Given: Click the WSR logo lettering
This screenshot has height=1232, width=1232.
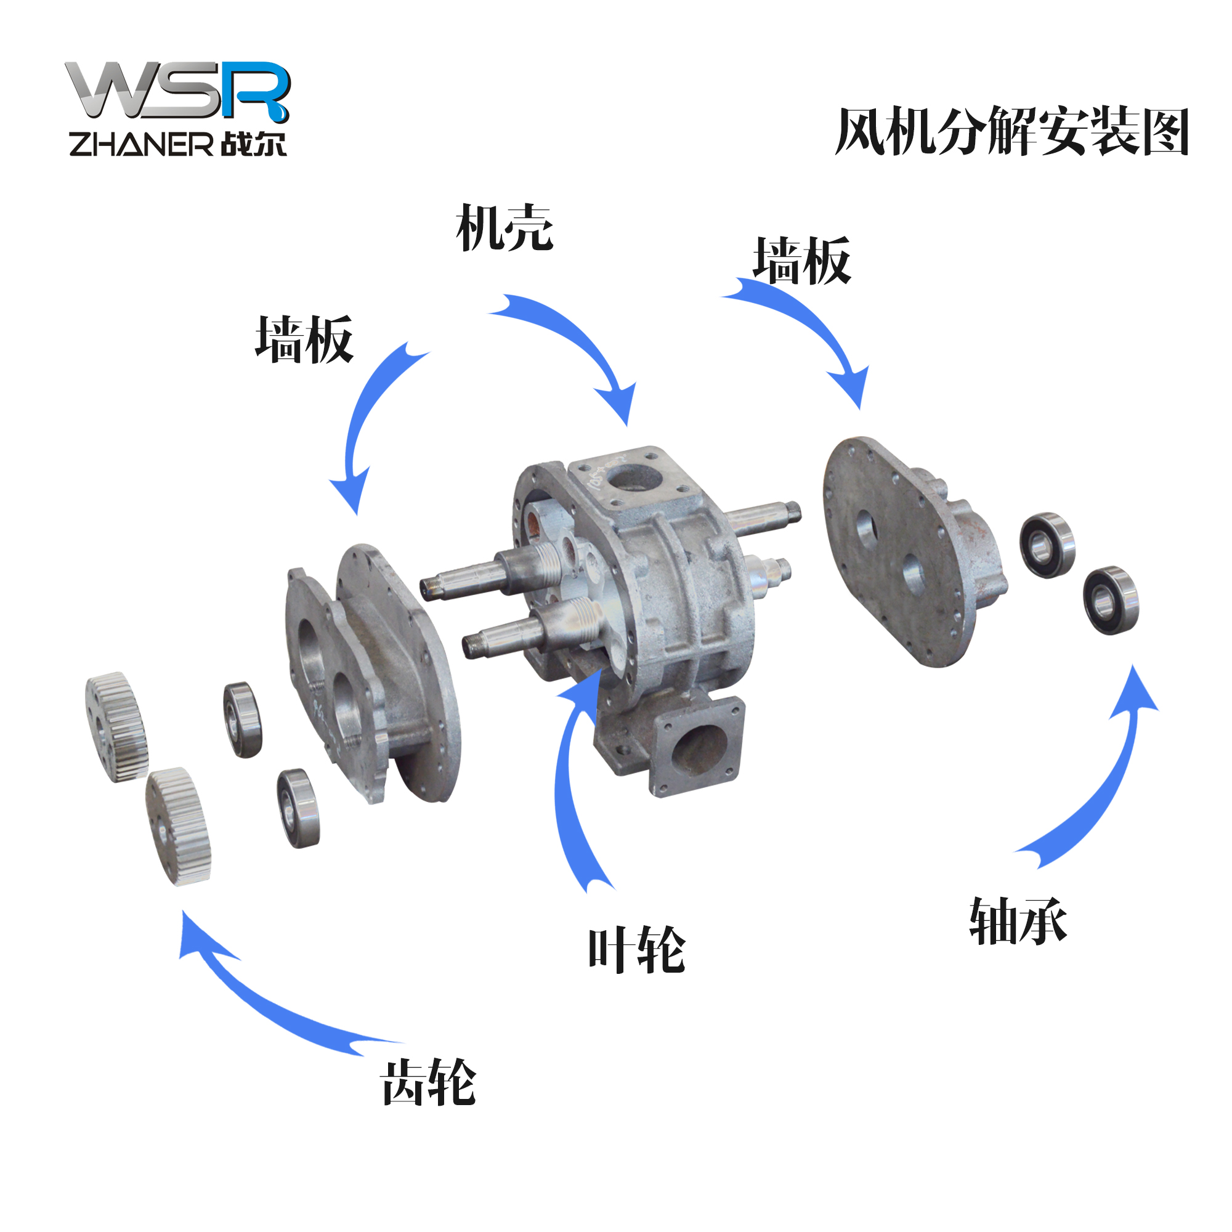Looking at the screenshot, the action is (x=178, y=91).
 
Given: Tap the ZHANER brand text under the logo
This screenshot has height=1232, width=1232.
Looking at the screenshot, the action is (x=141, y=144).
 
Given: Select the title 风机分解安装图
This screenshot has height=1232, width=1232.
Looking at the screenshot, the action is (x=1013, y=131).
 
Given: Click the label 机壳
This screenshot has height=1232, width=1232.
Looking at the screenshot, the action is (x=505, y=228).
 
